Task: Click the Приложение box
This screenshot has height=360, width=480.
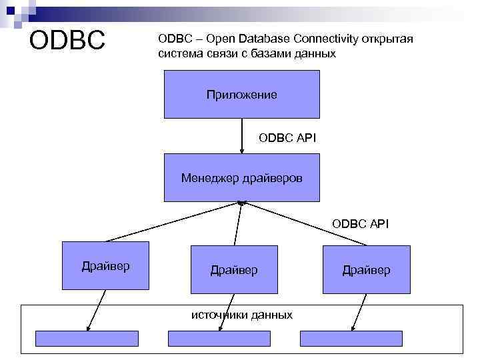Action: click(x=241, y=95)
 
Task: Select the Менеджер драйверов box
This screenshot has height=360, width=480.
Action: click(x=241, y=178)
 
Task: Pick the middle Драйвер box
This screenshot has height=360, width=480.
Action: click(x=233, y=270)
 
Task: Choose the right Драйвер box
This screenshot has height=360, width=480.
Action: click(x=366, y=270)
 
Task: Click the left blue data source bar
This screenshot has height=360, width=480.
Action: click(x=87, y=338)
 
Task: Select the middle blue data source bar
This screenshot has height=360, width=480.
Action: click(x=219, y=338)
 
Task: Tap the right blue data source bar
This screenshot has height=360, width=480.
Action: click(x=351, y=338)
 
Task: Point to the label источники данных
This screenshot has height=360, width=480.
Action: click(x=242, y=314)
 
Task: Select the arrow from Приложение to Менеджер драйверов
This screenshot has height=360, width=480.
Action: click(x=242, y=136)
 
